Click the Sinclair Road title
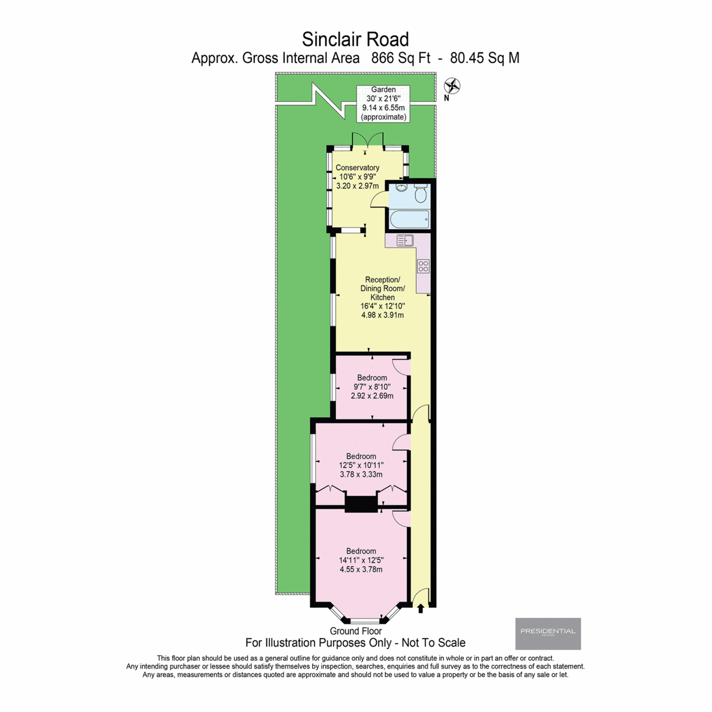pyautogui.click(x=355, y=39)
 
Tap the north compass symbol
pyautogui.click(x=453, y=86)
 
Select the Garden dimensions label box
pyautogui.click(x=383, y=103)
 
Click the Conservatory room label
pyautogui.click(x=357, y=176)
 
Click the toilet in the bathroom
pyautogui.click(x=421, y=193)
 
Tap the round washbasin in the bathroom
pyautogui.click(x=401, y=188)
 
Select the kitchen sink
pyautogui.click(x=405, y=240)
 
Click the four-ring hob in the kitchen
pyautogui.click(x=423, y=266)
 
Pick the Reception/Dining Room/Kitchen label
pyautogui.click(x=382, y=297)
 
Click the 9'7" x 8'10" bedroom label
pyautogui.click(x=372, y=386)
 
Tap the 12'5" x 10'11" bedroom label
pyautogui.click(x=361, y=465)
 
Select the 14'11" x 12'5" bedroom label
pyautogui.click(x=361, y=560)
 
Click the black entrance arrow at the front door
pyautogui.click(x=421, y=608)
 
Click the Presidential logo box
pyautogui.click(x=548, y=633)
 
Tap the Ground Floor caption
pyautogui.click(x=356, y=631)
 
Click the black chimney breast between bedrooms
pyautogui.click(x=361, y=503)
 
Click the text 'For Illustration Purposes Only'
pyautogui.click(x=318, y=643)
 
